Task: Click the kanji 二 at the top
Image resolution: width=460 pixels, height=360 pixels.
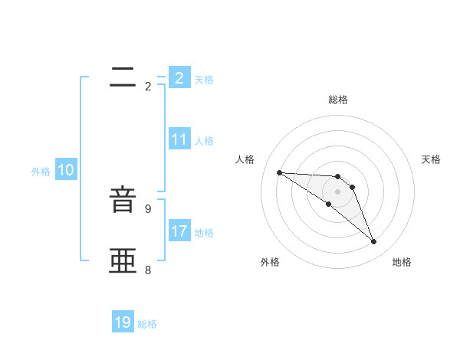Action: coord(123,77)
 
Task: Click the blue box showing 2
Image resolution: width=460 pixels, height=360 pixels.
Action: coord(179,78)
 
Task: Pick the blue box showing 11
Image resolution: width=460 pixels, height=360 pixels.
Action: coord(179,140)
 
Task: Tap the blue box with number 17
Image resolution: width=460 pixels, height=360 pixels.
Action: coord(179,231)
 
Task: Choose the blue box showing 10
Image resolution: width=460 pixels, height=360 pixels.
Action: coord(66,171)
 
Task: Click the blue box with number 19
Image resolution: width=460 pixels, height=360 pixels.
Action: coord(123,323)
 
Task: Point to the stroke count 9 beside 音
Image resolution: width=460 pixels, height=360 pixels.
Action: coord(148,208)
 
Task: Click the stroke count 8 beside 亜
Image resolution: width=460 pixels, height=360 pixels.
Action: coord(148,270)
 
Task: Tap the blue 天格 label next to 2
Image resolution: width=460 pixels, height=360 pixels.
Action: coord(204,80)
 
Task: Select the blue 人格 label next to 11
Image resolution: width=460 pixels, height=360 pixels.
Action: coord(204,141)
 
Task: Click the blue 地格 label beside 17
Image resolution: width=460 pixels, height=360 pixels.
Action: coord(204,233)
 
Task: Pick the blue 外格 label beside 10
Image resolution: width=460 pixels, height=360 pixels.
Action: coord(41,172)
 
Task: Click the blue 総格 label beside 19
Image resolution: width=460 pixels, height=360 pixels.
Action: coord(147,324)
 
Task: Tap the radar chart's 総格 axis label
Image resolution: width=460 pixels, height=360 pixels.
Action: coord(338,100)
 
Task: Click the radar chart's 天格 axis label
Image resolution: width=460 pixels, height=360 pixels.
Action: coord(431,159)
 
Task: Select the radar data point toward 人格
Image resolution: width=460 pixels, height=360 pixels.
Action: coord(279,172)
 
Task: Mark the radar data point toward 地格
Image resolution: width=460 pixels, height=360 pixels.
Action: coord(374,242)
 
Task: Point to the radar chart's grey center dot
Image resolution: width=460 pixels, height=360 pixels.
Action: coord(338,191)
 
